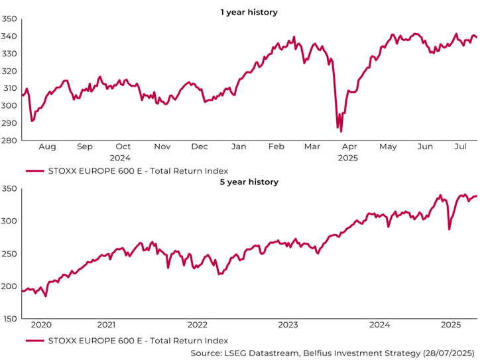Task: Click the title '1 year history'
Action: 249,12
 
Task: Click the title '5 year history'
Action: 249,182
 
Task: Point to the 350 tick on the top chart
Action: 9,19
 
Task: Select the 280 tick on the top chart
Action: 9,140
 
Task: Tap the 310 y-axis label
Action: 9,88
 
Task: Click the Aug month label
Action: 48,147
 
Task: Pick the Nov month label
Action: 162,147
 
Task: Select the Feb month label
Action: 276,147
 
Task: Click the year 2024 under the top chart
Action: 120,158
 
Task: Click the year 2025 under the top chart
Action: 347,158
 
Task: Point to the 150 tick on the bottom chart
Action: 9,319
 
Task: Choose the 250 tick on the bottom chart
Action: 9,254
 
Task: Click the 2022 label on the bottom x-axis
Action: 198,325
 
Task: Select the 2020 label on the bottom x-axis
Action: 41,325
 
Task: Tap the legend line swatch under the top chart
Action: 34,170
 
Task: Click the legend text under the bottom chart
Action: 138,341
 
